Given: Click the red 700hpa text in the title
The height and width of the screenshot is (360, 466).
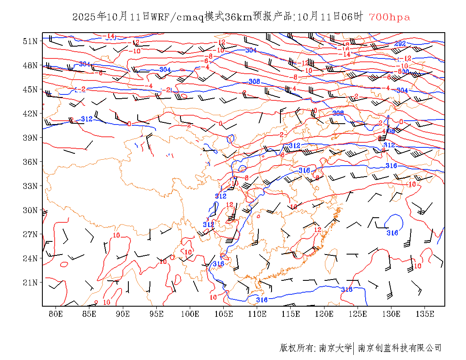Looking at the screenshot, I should point(389,17).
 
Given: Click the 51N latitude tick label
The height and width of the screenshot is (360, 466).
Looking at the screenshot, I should point(30,41).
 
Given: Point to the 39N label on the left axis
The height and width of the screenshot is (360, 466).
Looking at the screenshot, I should point(30,138).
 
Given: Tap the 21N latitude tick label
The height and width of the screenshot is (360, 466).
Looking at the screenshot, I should point(30,282).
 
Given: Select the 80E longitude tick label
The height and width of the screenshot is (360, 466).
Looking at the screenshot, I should point(56,314).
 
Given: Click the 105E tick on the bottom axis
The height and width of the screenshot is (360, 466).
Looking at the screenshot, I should point(224,314).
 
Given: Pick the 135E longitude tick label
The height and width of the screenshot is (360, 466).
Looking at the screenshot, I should point(425,314).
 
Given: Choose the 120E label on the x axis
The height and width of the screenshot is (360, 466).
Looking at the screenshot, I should point(325,314).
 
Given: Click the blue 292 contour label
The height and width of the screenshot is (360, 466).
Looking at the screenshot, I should point(400,44).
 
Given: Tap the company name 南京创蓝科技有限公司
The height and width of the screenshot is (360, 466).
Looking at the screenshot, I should point(399,348).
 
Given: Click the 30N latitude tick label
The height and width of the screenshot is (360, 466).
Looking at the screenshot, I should point(30,210).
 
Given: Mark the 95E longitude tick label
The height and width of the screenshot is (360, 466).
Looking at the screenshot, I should point(157,314).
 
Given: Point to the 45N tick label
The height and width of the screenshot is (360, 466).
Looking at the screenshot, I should point(30,89).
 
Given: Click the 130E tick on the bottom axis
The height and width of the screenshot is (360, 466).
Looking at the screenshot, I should point(391,314).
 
